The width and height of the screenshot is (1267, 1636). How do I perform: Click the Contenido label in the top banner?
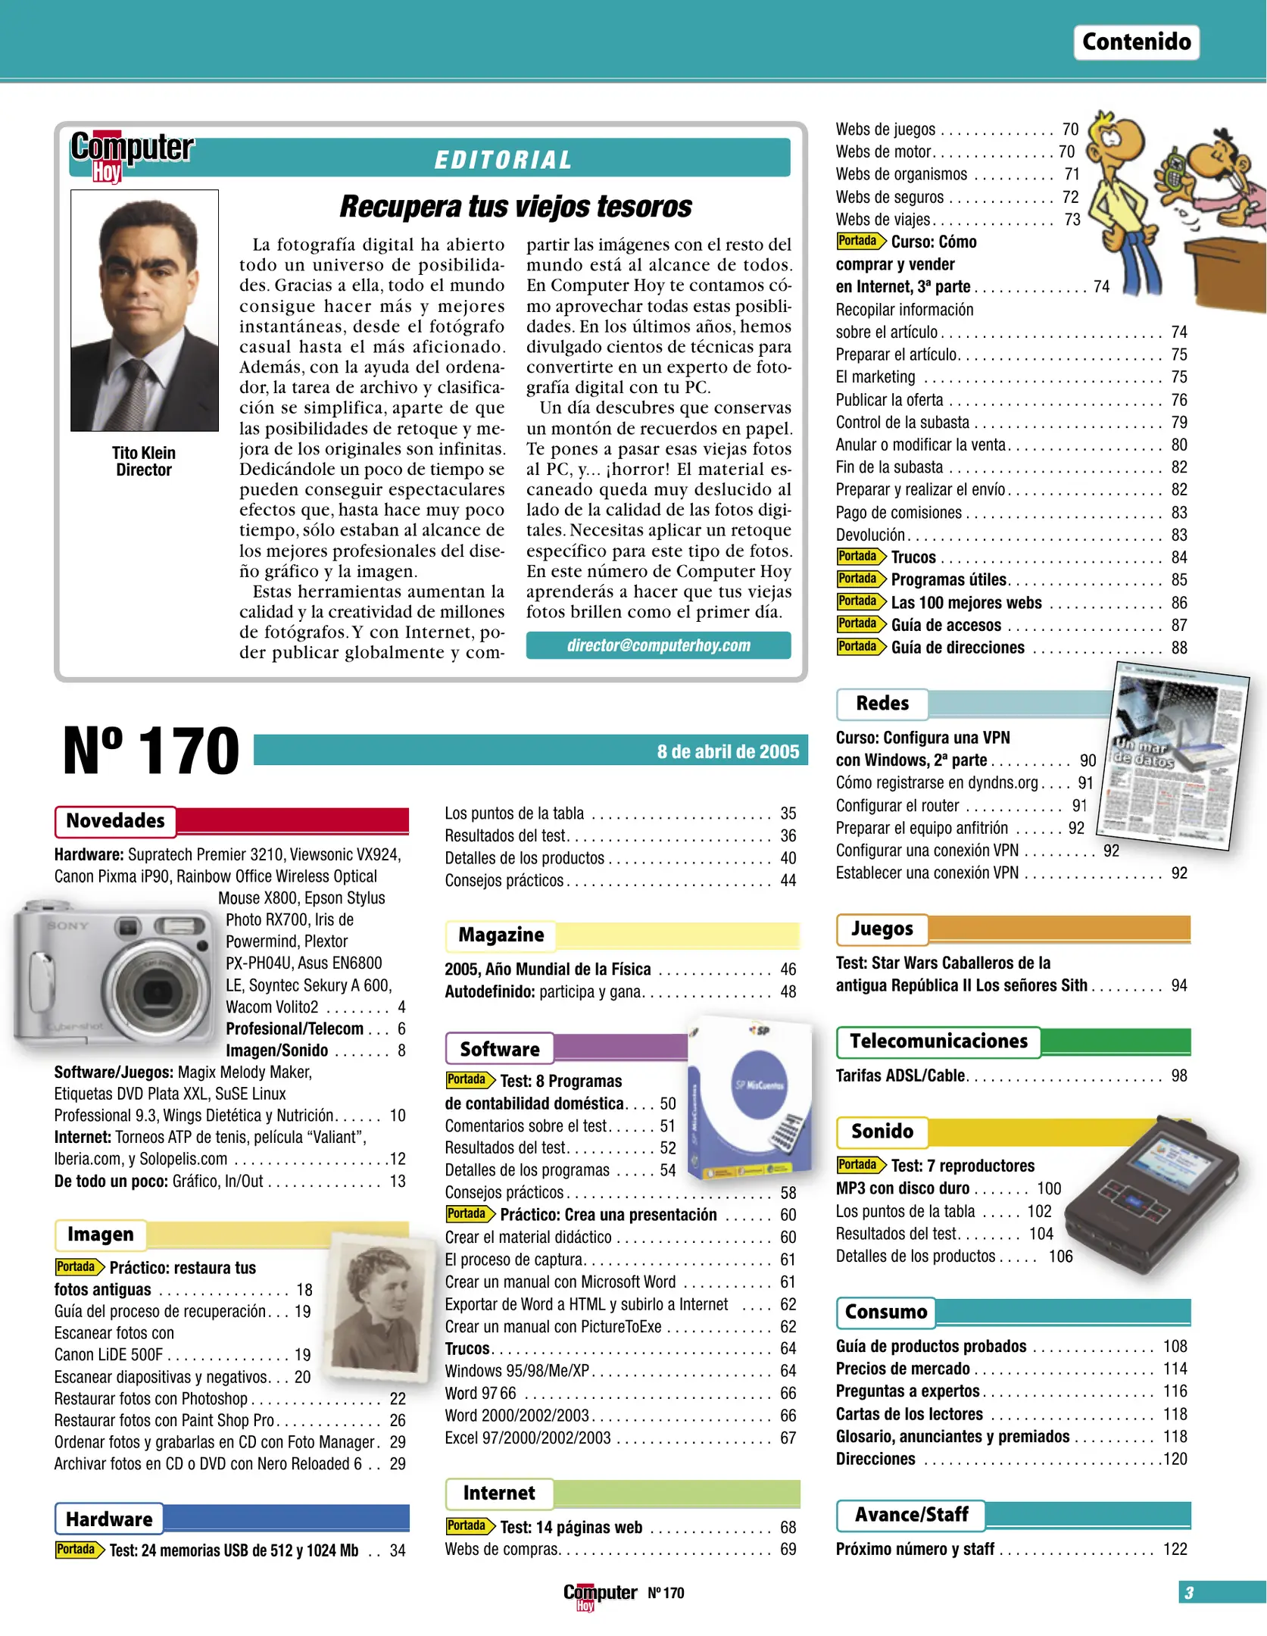click(1135, 42)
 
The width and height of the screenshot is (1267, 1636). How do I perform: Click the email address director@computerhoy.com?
click(658, 645)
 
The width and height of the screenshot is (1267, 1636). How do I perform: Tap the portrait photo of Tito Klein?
click(145, 310)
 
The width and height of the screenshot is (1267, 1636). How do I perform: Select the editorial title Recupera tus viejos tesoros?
click(515, 207)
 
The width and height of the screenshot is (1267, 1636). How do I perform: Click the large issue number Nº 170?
click(151, 751)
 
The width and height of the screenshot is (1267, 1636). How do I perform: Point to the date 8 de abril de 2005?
click(727, 751)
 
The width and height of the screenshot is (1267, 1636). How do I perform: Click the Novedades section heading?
click(115, 821)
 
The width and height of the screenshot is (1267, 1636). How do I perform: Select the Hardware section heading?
click(109, 1519)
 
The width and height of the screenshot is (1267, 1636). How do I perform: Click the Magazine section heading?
click(501, 935)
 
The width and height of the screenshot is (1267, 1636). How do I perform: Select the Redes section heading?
click(882, 704)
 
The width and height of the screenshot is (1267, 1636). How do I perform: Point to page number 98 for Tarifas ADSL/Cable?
click(1179, 1076)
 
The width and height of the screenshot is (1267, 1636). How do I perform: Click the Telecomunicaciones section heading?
click(938, 1041)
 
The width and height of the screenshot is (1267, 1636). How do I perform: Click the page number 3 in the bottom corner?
click(1189, 1593)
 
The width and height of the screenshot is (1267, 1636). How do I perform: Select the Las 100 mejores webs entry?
click(966, 603)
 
